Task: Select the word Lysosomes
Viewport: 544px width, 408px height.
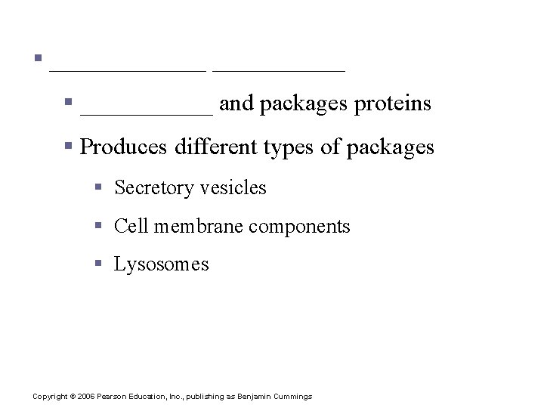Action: (x=161, y=264)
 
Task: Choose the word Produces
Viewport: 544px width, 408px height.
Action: (x=122, y=147)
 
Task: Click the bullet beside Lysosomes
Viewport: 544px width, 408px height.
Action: (x=98, y=264)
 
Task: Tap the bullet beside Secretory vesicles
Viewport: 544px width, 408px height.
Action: (x=98, y=187)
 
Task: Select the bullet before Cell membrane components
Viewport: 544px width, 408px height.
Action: (x=98, y=225)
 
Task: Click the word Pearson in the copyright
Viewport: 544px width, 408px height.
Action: (x=113, y=397)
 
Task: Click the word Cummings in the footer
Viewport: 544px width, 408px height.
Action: (x=291, y=397)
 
